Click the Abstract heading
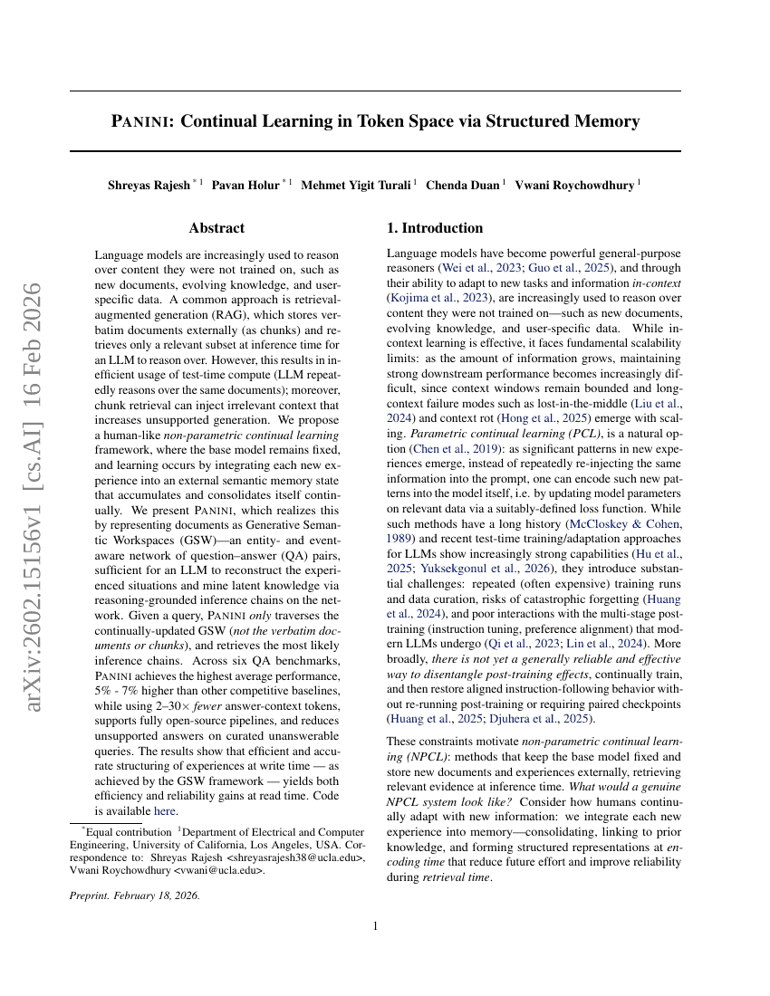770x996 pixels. click(x=217, y=228)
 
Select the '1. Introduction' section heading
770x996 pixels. click(x=435, y=228)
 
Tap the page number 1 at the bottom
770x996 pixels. click(x=375, y=925)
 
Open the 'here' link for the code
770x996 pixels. click(x=164, y=811)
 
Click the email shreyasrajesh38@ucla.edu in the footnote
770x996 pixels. click(x=296, y=857)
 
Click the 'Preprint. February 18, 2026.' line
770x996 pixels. click(x=135, y=895)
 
